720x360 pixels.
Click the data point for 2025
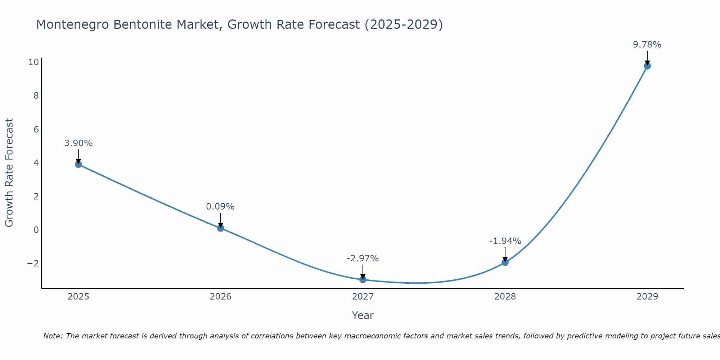pyautogui.click(x=78, y=165)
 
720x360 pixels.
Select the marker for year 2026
pyautogui.click(x=221, y=228)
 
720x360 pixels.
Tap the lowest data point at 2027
pyautogui.click(x=363, y=280)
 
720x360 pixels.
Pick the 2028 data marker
pyautogui.click(x=505, y=262)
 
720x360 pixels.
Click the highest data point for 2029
pyautogui.click(x=647, y=66)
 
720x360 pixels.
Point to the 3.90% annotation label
pyautogui.click(x=78, y=143)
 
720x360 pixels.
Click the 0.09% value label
pyautogui.click(x=220, y=207)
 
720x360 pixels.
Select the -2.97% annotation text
pyautogui.click(x=363, y=258)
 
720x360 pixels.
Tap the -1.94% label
pyautogui.click(x=505, y=241)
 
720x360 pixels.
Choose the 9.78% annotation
pyautogui.click(x=647, y=45)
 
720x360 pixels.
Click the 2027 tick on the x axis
pyautogui.click(x=363, y=297)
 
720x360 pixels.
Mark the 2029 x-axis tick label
pyautogui.click(x=647, y=297)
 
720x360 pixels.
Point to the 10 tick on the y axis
pyautogui.click(x=33, y=62)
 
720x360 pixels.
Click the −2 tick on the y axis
pyautogui.click(x=33, y=264)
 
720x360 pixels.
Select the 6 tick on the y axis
pyautogui.click(x=36, y=129)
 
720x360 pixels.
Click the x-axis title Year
pyautogui.click(x=363, y=315)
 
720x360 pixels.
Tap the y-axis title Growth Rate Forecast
pyautogui.click(x=9, y=173)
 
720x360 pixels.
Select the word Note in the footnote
pyautogui.click(x=53, y=336)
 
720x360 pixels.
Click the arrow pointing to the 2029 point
pyautogui.click(x=647, y=58)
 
